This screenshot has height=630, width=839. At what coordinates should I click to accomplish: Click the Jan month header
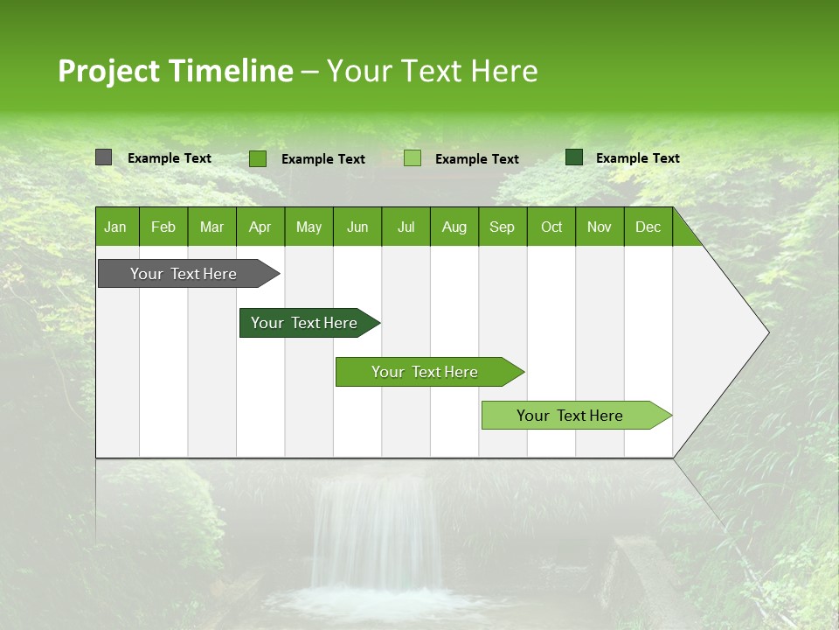(x=115, y=227)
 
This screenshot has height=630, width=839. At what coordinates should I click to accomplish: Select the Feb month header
(x=163, y=227)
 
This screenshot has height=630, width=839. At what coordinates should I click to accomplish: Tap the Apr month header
(x=260, y=227)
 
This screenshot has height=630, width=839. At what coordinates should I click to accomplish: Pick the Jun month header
(x=357, y=227)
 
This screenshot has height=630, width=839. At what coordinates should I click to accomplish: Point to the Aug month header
(x=454, y=227)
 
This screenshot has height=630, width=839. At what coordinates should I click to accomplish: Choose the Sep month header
(x=502, y=227)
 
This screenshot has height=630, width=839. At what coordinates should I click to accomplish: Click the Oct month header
(x=551, y=227)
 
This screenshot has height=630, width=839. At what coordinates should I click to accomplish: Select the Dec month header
(x=648, y=227)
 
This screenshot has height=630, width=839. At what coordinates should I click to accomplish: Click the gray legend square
(x=103, y=157)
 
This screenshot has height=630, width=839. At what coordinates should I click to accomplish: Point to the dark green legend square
(x=574, y=157)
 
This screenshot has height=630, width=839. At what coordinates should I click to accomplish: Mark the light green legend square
(x=413, y=158)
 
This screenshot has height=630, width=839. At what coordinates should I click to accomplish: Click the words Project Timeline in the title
(x=175, y=71)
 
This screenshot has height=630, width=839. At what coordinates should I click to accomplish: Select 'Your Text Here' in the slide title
(x=433, y=71)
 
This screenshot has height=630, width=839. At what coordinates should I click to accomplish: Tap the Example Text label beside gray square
(x=170, y=158)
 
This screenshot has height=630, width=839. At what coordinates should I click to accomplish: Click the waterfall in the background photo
(x=376, y=534)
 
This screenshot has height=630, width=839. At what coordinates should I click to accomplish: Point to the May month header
(x=309, y=227)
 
